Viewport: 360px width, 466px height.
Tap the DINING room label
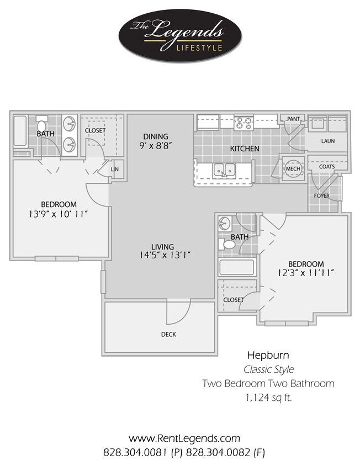pyautogui.click(x=155, y=136)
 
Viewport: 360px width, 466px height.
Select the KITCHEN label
pyautogui.click(x=244, y=149)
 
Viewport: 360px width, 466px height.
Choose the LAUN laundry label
pyautogui.click(x=328, y=141)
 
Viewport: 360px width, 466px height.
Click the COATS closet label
pyautogui.click(x=327, y=166)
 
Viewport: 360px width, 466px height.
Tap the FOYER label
pyautogui.click(x=321, y=195)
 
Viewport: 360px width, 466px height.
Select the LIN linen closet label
pyautogui.click(x=115, y=170)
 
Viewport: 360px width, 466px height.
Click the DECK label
pyautogui.click(x=168, y=334)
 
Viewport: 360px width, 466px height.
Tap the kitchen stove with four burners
pyautogui.click(x=243, y=122)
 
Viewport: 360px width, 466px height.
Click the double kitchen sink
pyautogui.click(x=224, y=171)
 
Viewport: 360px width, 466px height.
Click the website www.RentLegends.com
pyautogui.click(x=184, y=438)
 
